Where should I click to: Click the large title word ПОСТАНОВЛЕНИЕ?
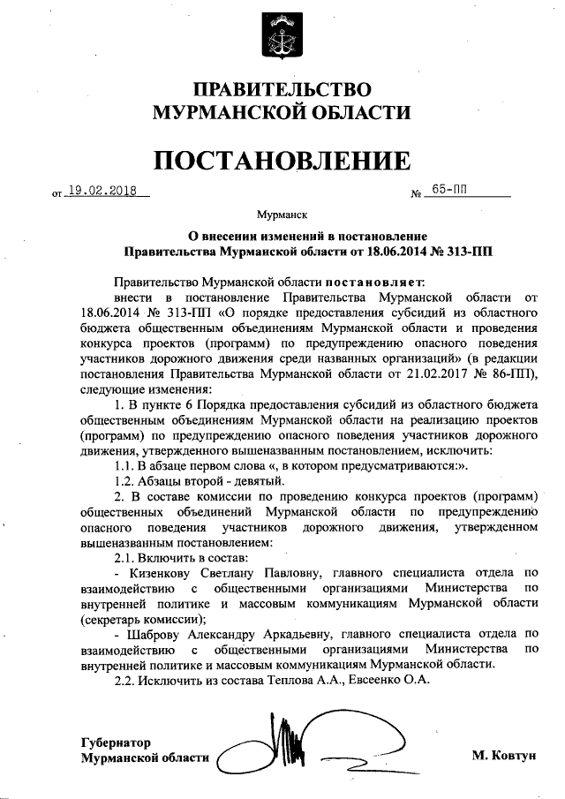(x=282, y=160)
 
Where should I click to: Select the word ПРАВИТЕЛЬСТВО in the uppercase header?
(x=282, y=90)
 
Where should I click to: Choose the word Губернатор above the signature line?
(x=116, y=742)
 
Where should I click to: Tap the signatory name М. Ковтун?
(x=504, y=757)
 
